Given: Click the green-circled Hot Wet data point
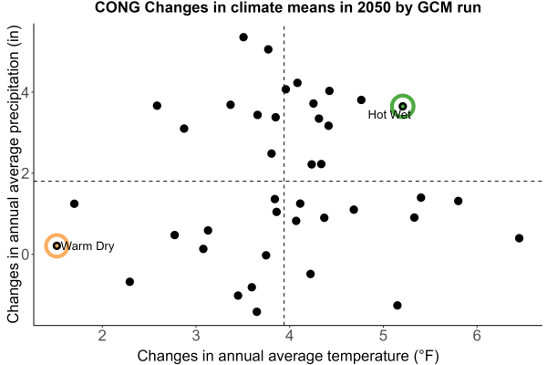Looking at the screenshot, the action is pos(403,106).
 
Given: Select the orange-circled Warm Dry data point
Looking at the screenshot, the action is pos(57,245).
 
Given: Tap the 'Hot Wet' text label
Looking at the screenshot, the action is pos(389,115).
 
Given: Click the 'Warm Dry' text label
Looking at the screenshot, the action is pos(88,246).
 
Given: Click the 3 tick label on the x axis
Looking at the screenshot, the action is pos(196,336).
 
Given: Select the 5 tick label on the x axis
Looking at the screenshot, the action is pos(383,336).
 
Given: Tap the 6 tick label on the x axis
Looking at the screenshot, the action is pos(477,336).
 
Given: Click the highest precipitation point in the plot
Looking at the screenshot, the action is pos(243,37).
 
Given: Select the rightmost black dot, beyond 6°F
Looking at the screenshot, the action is pos(519,238).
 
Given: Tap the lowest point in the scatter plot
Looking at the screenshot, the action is pos(257,311).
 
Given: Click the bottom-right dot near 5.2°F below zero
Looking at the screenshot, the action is pos(397,306).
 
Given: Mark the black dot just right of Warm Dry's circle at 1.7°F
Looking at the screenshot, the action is pos(74,203).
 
